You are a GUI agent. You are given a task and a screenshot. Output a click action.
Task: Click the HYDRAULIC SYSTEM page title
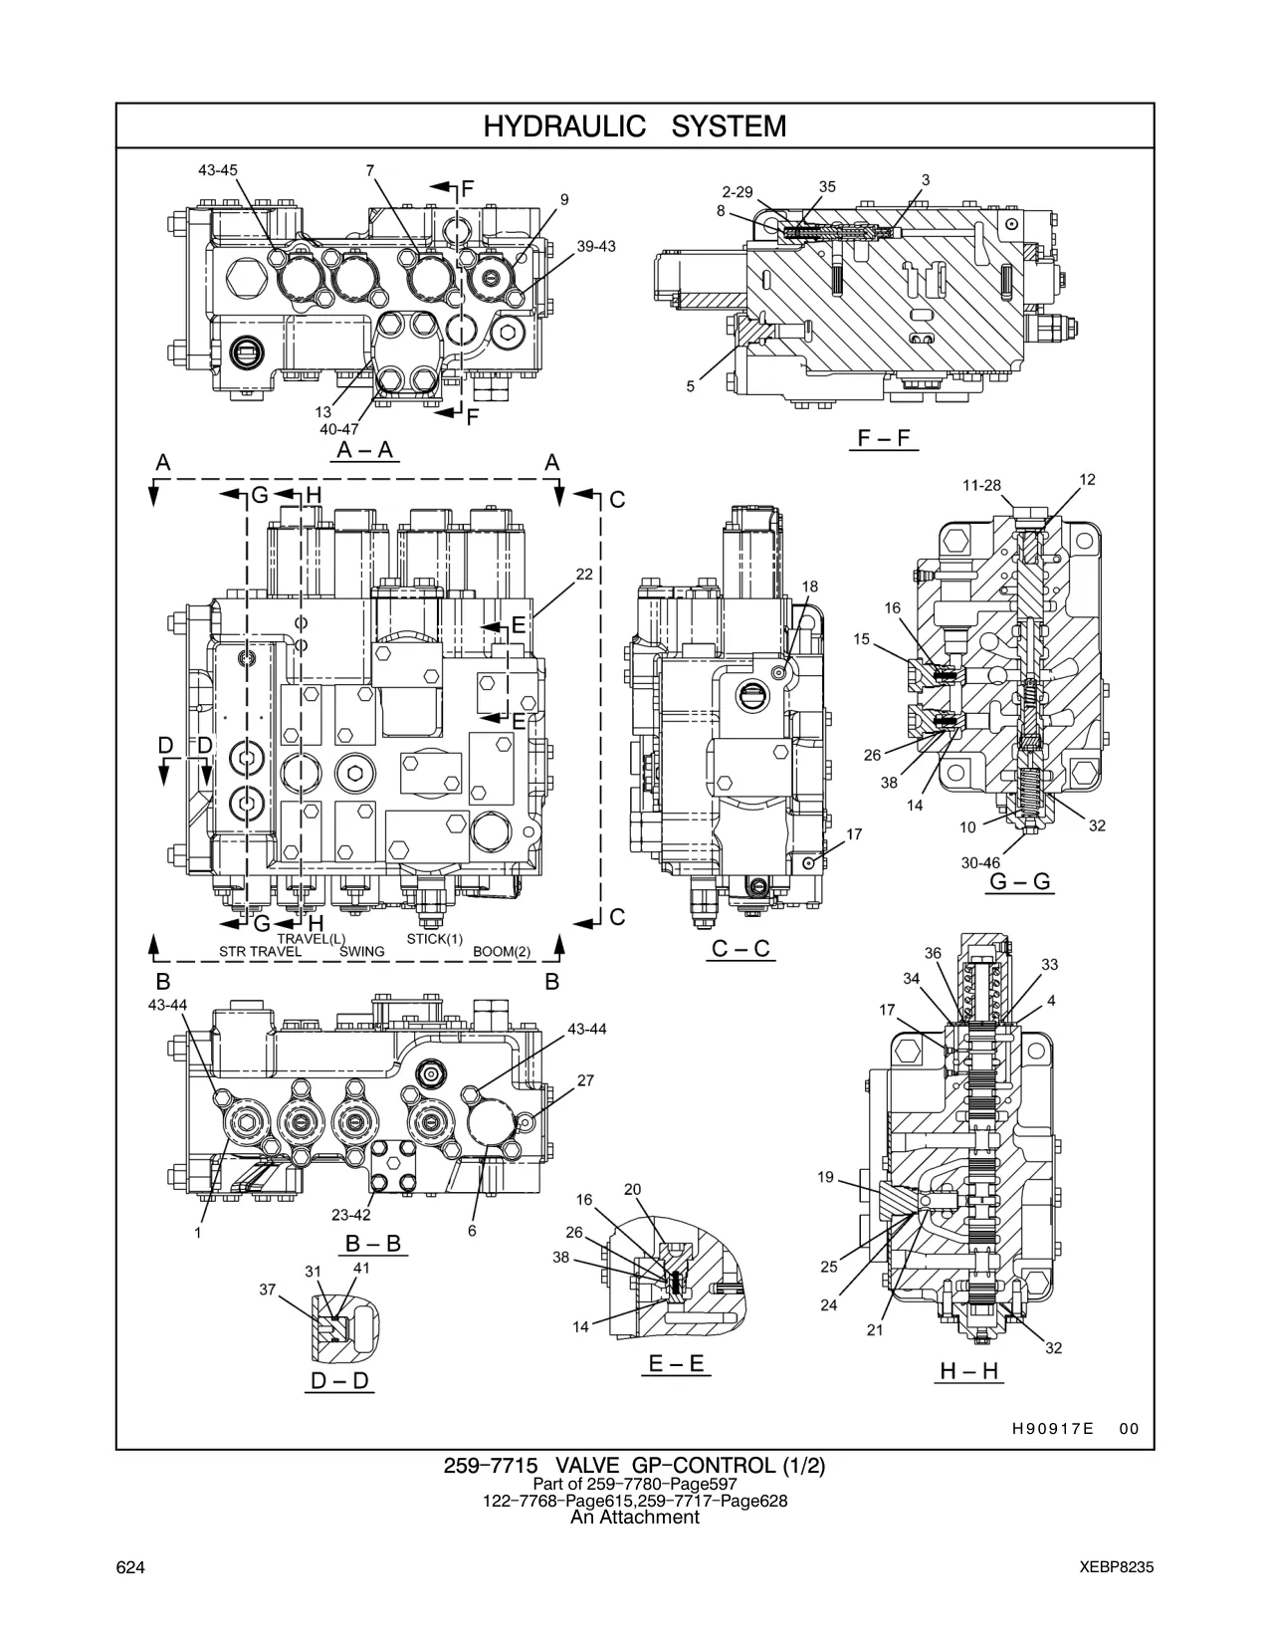pos(635,126)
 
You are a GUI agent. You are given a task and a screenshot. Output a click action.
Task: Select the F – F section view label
pos(884,438)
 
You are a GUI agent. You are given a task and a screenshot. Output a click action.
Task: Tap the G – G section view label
pos(1019,881)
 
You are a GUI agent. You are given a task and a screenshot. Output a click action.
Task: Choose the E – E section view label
pos(677,1363)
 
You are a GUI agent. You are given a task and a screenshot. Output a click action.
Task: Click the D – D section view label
pos(339,1381)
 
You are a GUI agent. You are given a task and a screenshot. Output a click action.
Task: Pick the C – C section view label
pos(740,948)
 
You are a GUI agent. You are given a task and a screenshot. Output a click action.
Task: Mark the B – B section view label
pos(372,1243)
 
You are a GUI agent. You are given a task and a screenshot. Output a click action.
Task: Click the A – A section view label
pos(365,450)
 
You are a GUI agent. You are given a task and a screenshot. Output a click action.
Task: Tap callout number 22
pos(584,574)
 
